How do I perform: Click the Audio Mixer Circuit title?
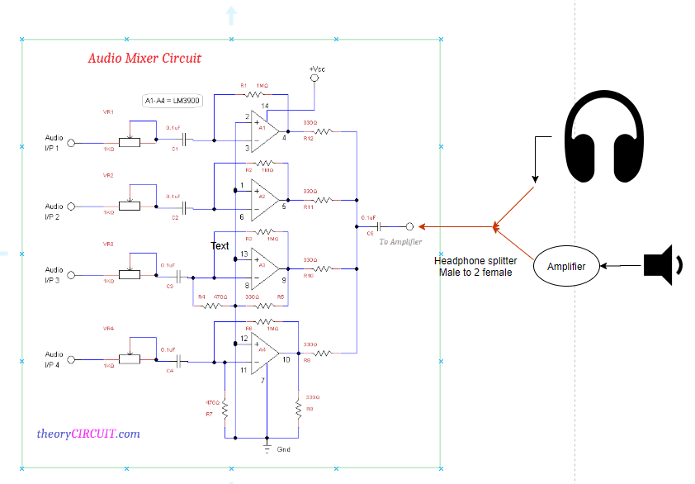(x=144, y=59)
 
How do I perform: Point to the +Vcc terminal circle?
(x=314, y=78)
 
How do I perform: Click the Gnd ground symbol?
(x=267, y=448)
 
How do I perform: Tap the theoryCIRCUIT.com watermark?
(x=88, y=434)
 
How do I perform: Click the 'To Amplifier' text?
(x=400, y=242)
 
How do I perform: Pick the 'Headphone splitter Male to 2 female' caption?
(x=475, y=266)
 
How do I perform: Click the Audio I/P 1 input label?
(x=54, y=143)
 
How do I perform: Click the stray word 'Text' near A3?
(x=220, y=246)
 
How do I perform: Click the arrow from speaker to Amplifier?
(x=623, y=266)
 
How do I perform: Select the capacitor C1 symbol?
(x=187, y=140)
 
